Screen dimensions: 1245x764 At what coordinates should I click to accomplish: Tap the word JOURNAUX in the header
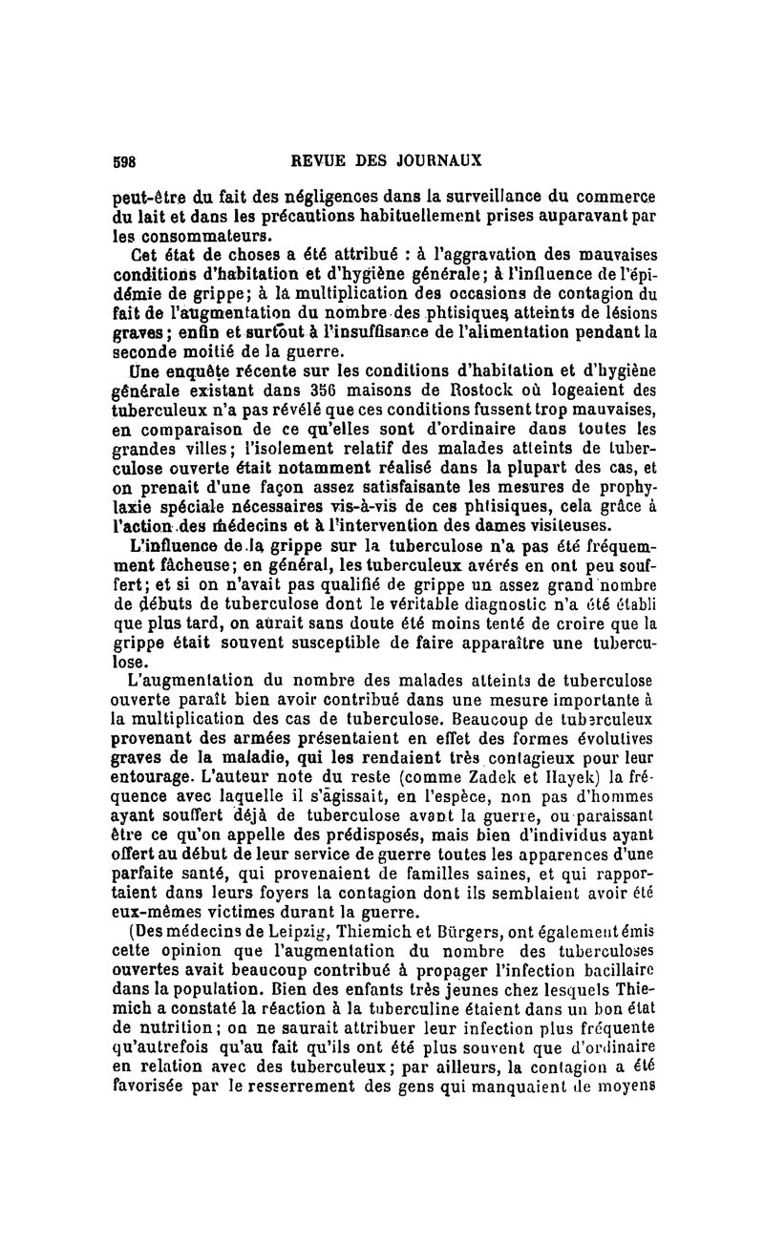(x=441, y=159)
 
